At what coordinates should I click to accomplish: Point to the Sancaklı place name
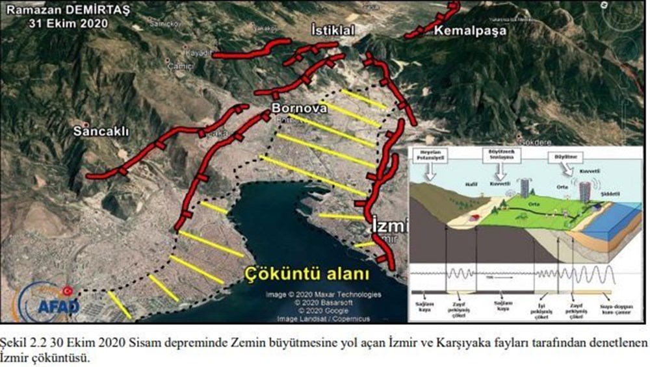[x=101, y=131]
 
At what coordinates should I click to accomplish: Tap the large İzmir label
[x=389, y=226]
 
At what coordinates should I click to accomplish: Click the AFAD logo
[x=51, y=302]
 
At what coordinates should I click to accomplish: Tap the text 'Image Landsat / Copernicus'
[x=323, y=318]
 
